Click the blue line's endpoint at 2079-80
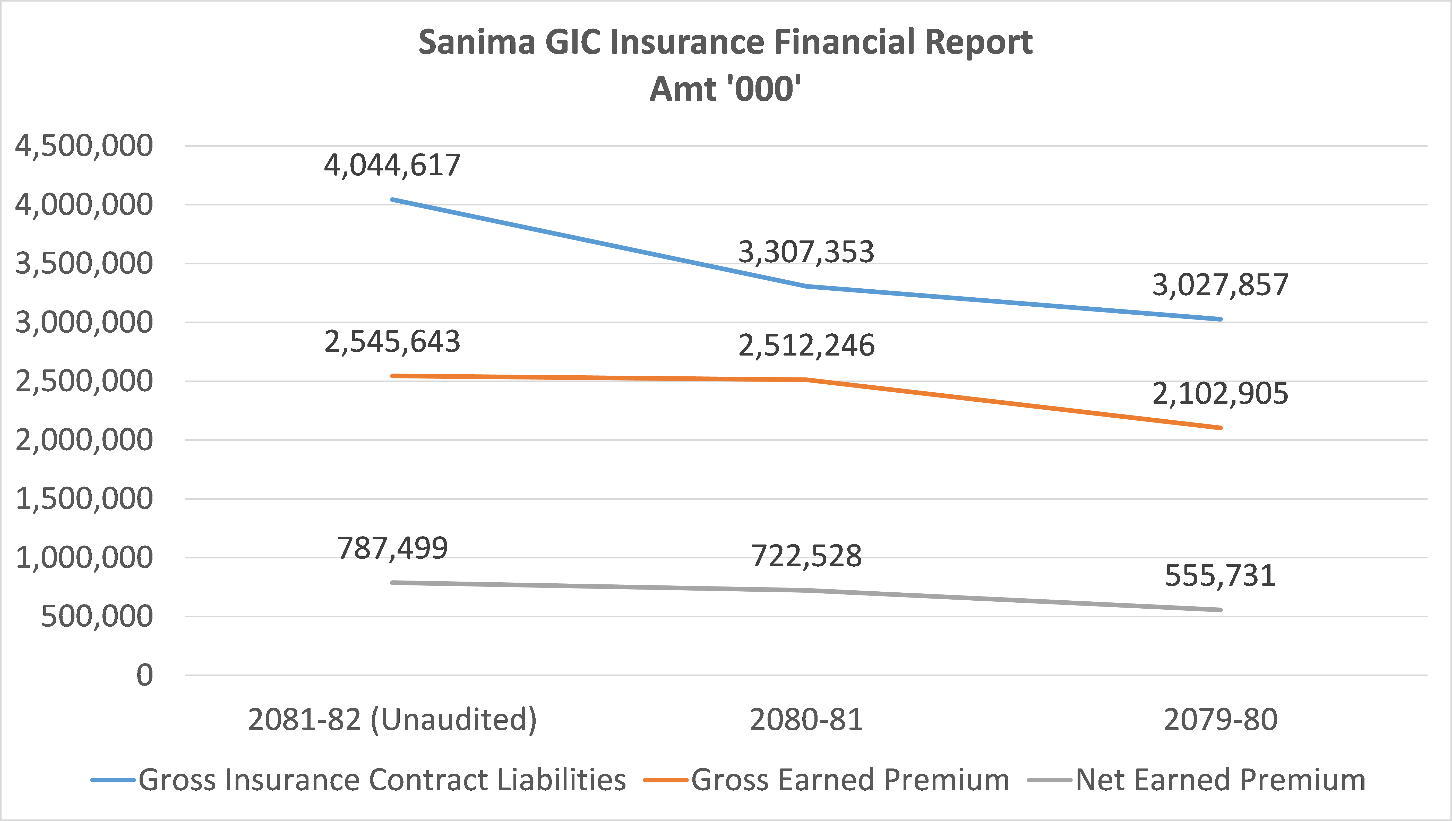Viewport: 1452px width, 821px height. click(x=1220, y=319)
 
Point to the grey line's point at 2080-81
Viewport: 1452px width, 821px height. click(x=806, y=590)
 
